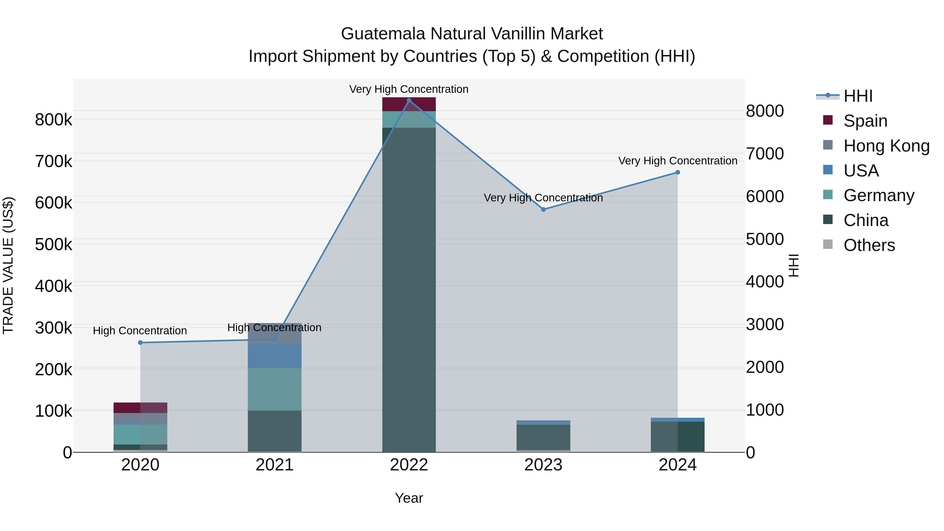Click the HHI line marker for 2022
coord(409,100)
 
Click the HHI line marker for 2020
coord(140,343)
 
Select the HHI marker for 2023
coord(544,209)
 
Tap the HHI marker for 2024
coord(678,172)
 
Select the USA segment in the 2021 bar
coord(275,356)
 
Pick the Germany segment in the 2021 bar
coord(275,389)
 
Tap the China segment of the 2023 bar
coord(544,437)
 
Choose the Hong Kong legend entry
coord(886,146)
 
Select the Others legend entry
coord(869,245)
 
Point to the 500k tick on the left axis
coord(53,244)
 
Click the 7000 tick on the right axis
coord(765,154)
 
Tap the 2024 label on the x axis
coord(678,465)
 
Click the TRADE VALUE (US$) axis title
coord(8,266)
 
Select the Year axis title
coord(409,498)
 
